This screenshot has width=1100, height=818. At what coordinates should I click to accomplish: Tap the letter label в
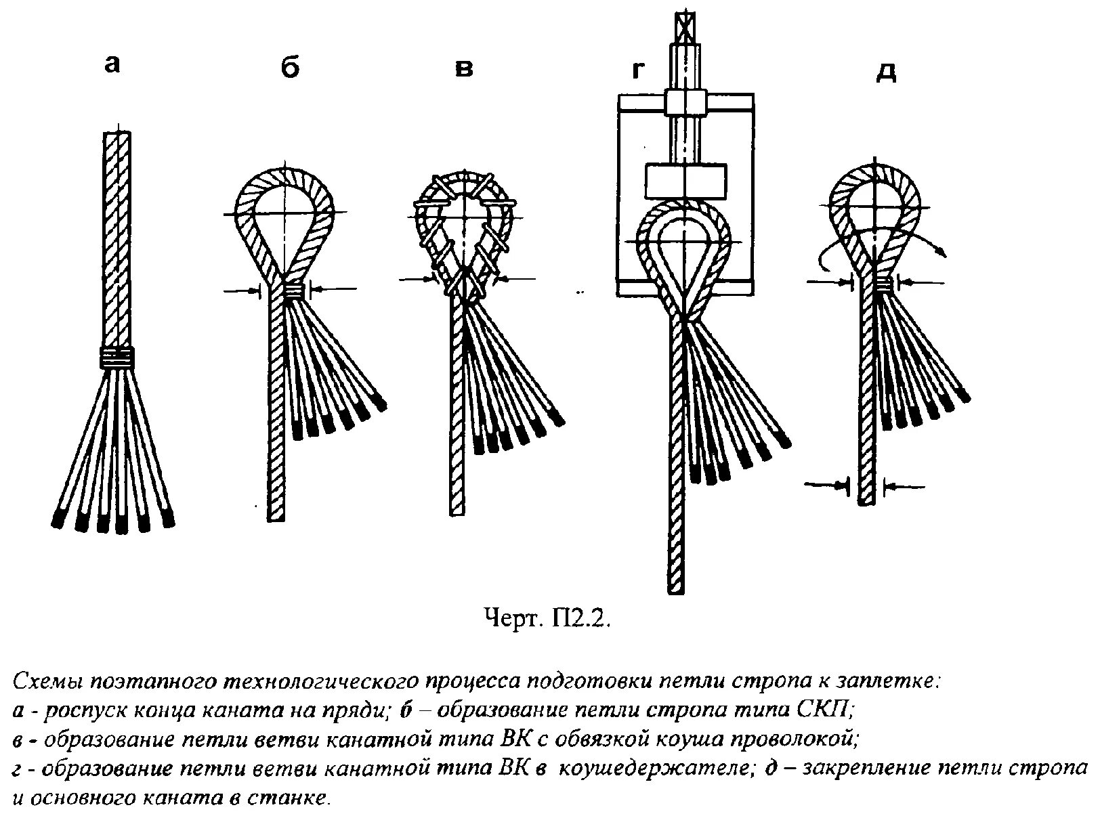pos(463,68)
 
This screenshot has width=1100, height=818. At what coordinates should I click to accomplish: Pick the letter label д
pos(886,72)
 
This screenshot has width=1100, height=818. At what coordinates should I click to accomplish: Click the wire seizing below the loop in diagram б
pos(294,290)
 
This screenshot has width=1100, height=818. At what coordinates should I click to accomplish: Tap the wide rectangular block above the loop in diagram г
pos(685,179)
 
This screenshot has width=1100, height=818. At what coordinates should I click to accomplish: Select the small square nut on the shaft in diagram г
pos(685,102)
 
